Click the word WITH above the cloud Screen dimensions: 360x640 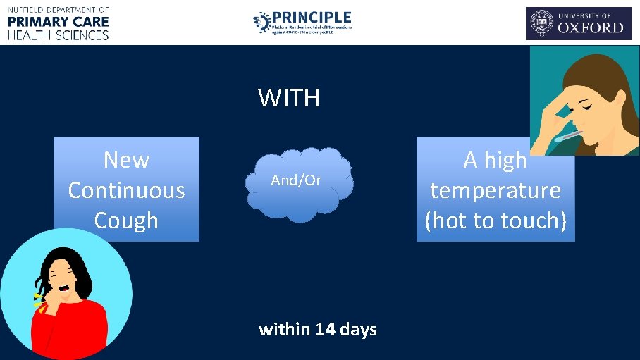(289, 98)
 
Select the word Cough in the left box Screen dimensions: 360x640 (126, 221)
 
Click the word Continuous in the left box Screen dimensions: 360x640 (126, 190)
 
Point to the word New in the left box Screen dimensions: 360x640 (126, 160)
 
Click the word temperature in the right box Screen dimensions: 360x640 (496, 190)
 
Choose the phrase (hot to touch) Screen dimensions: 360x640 (496, 221)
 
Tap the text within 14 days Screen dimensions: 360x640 (318, 329)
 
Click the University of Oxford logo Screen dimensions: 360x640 (578, 23)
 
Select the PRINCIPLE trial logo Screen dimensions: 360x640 (302, 23)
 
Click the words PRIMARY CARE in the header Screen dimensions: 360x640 (59, 21)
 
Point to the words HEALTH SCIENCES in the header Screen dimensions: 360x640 (59, 35)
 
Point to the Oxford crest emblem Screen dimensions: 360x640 (542, 24)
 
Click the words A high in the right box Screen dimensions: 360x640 (496, 161)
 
